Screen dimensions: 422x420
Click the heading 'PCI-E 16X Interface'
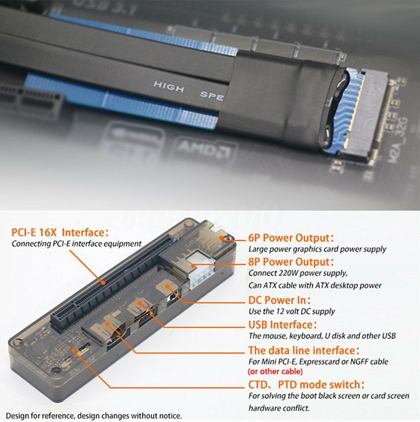point(60,232)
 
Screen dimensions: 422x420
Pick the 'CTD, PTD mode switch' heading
point(306,384)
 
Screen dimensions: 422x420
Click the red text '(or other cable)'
point(275,371)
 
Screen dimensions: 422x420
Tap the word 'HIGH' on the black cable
point(169,87)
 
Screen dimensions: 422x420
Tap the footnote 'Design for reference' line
point(94,416)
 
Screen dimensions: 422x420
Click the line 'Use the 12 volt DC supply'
point(291,311)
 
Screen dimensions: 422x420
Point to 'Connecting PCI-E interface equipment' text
point(77,244)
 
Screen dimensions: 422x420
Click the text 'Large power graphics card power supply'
point(317,249)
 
